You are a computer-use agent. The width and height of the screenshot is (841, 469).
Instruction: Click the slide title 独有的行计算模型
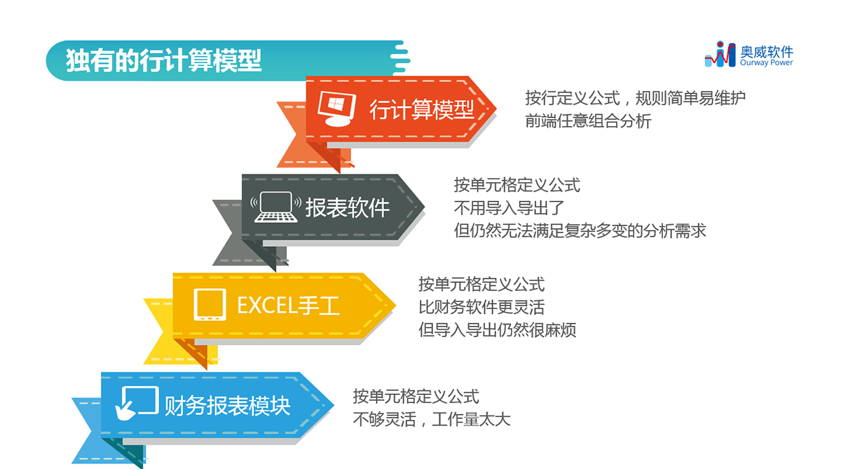(163, 60)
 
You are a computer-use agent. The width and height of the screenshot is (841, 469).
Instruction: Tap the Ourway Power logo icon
(720, 55)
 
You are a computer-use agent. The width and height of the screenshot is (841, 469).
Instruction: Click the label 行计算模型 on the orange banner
(421, 109)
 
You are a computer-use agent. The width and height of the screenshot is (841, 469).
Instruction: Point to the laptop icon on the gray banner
(275, 207)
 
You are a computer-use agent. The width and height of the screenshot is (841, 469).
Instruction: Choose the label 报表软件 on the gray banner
(347, 207)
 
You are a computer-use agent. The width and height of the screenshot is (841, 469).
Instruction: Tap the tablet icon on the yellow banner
(209, 305)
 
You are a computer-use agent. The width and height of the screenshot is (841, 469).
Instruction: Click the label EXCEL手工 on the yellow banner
(288, 306)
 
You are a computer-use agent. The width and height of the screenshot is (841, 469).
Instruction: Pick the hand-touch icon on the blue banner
(137, 402)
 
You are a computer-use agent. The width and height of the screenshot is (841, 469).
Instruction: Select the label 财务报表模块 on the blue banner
(227, 405)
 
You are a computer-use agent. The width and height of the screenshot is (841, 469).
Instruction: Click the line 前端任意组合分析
(588, 121)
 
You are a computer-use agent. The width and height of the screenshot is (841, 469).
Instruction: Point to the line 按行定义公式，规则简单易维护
(635, 97)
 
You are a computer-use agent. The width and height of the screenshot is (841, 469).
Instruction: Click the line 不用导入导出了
(509, 208)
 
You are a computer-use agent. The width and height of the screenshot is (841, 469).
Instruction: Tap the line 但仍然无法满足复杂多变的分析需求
(580, 231)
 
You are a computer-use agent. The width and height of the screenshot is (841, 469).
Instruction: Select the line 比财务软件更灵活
(481, 307)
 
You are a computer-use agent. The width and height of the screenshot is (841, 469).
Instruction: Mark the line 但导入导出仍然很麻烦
(497, 329)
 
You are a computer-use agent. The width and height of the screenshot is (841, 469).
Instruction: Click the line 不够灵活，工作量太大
(432, 420)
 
